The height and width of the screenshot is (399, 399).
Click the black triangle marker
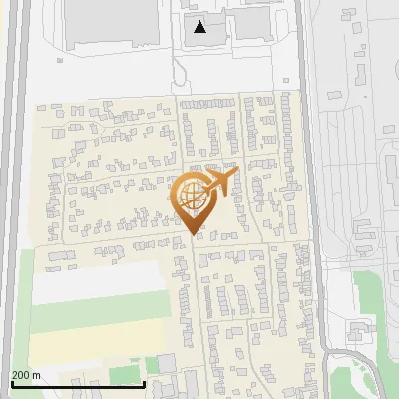tap(200, 27)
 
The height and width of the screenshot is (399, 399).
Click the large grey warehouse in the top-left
tap(111, 22)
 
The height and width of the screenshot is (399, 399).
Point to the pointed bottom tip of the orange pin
tap(193, 234)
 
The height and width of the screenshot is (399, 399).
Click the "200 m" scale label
tap(26, 375)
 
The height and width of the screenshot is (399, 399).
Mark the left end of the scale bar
tap(11, 384)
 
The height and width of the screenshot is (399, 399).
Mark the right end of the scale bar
tap(145, 384)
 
